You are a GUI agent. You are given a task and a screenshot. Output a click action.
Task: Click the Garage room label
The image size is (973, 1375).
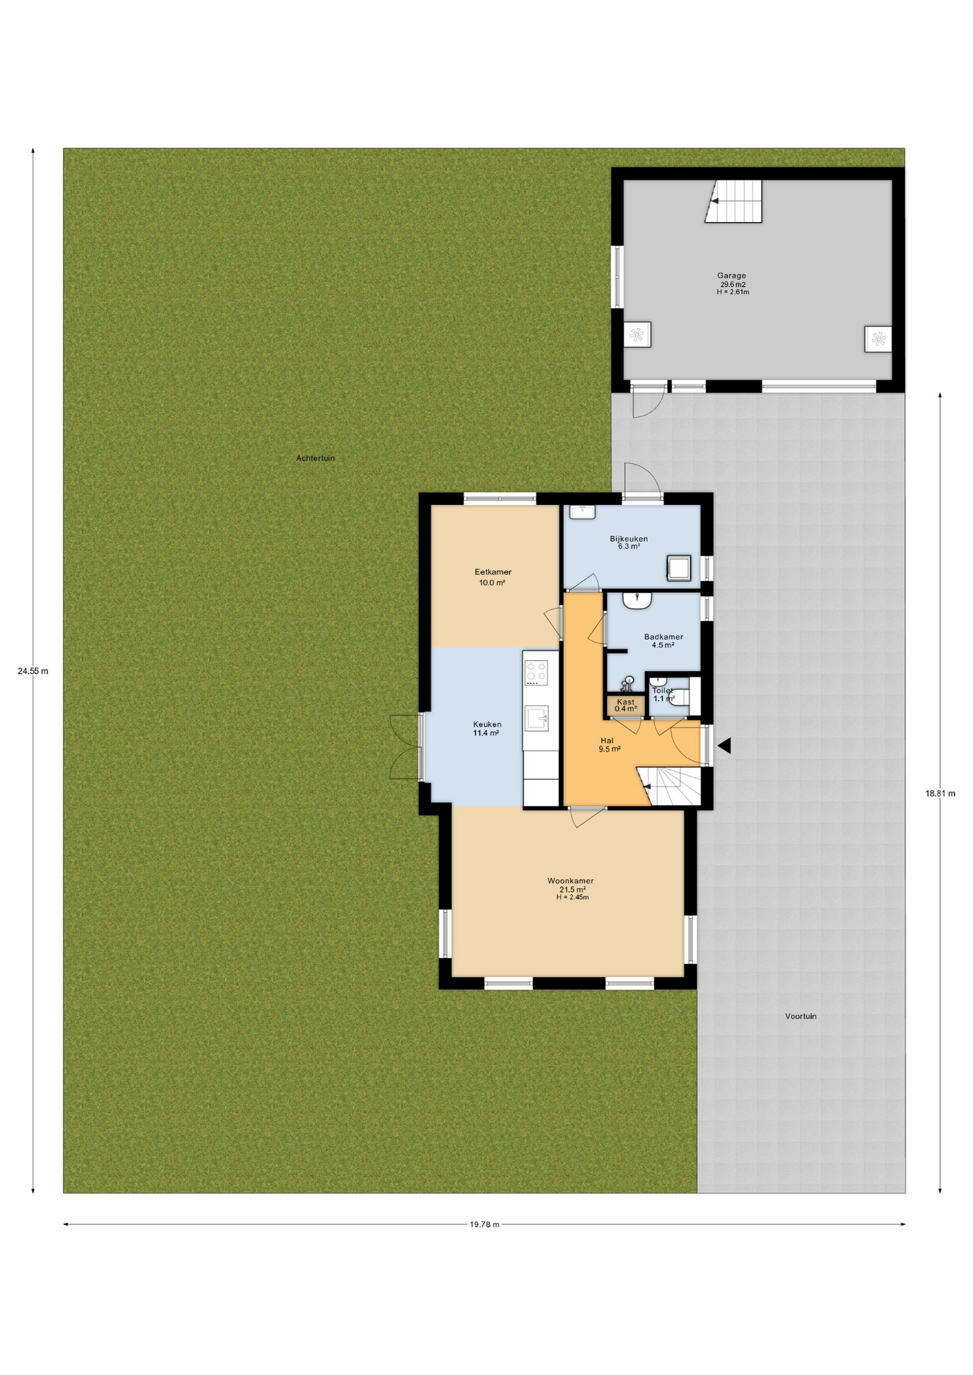click(x=732, y=276)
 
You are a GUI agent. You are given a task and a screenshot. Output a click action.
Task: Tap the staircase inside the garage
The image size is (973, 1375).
click(x=733, y=201)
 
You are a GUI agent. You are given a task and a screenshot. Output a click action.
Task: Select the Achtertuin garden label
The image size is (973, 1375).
click(x=315, y=458)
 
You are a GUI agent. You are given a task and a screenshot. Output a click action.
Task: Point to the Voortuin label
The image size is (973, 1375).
click(x=800, y=1016)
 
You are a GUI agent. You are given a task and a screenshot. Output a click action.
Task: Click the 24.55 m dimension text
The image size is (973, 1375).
click(x=33, y=671)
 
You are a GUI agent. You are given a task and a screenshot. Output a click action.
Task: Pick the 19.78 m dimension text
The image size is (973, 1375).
click(x=484, y=1224)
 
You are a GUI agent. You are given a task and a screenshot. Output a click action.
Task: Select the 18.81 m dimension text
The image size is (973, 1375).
click(x=940, y=793)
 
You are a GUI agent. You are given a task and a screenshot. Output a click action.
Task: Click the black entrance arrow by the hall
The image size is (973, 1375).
click(x=724, y=746)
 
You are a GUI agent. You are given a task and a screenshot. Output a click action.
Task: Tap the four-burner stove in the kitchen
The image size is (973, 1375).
click(x=537, y=672)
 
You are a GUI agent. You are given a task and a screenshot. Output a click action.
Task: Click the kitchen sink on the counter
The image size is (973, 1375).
click(x=537, y=718)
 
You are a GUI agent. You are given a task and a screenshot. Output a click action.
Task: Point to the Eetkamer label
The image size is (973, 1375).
click(x=493, y=572)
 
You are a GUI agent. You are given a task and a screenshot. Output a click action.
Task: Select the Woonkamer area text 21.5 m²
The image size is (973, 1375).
click(x=572, y=889)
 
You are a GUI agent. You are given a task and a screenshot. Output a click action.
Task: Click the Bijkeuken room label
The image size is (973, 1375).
click(x=629, y=539)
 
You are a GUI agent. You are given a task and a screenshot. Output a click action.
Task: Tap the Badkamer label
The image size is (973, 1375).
click(x=663, y=637)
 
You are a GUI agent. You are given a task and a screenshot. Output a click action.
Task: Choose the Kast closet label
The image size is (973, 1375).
click(x=625, y=702)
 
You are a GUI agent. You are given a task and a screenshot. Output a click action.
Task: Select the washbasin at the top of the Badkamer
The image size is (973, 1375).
click(x=636, y=600)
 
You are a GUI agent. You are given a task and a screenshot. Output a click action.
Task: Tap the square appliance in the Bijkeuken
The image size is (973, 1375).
click(x=679, y=567)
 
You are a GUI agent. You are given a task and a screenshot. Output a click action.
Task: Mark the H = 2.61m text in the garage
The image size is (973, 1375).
click(x=732, y=292)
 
